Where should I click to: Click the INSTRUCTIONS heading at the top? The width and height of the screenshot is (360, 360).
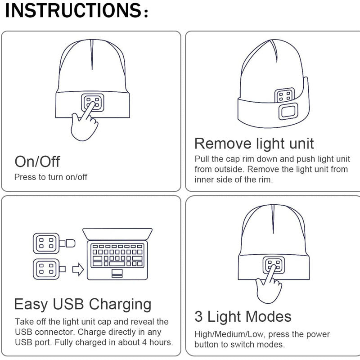76,10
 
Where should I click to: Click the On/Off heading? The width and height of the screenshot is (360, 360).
37,162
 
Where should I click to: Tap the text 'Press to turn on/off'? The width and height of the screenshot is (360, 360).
51,177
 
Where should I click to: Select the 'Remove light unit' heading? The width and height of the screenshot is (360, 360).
254,144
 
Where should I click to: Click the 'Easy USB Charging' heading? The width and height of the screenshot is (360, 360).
83,305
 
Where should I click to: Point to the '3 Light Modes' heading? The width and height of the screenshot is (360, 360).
243,316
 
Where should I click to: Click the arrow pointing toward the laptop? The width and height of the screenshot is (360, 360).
78,269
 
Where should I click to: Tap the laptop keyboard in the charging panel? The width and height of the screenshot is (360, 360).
117,256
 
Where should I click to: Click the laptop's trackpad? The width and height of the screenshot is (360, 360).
117,272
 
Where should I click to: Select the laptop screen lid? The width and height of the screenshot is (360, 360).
117,234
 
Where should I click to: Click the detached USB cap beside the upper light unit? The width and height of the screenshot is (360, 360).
70,243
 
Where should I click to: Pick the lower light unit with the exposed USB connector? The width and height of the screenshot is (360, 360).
49,269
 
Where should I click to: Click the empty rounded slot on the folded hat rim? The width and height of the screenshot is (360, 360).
288,112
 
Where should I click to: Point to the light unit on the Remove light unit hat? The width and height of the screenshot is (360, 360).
284,95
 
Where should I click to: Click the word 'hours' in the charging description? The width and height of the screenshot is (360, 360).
161,342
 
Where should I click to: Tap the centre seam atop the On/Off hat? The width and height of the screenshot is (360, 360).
92,54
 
